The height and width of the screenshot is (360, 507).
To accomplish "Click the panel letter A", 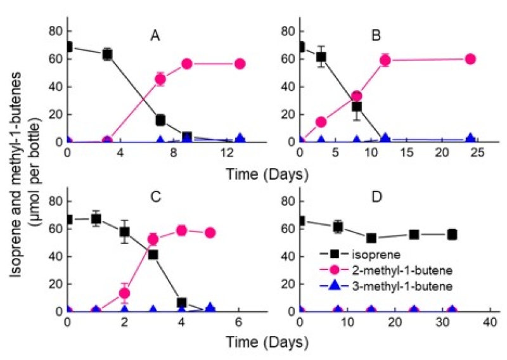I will (x=155, y=36).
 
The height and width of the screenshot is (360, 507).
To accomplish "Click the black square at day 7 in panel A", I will (x=160, y=120).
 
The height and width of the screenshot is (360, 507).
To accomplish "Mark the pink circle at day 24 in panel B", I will (x=470, y=59).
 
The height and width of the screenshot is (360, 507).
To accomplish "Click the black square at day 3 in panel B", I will (x=321, y=57).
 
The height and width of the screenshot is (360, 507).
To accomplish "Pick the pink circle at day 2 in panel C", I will (x=125, y=293).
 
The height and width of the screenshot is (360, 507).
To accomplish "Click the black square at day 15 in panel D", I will (x=371, y=238).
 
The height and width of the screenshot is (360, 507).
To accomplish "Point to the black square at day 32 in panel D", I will (x=452, y=235).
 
